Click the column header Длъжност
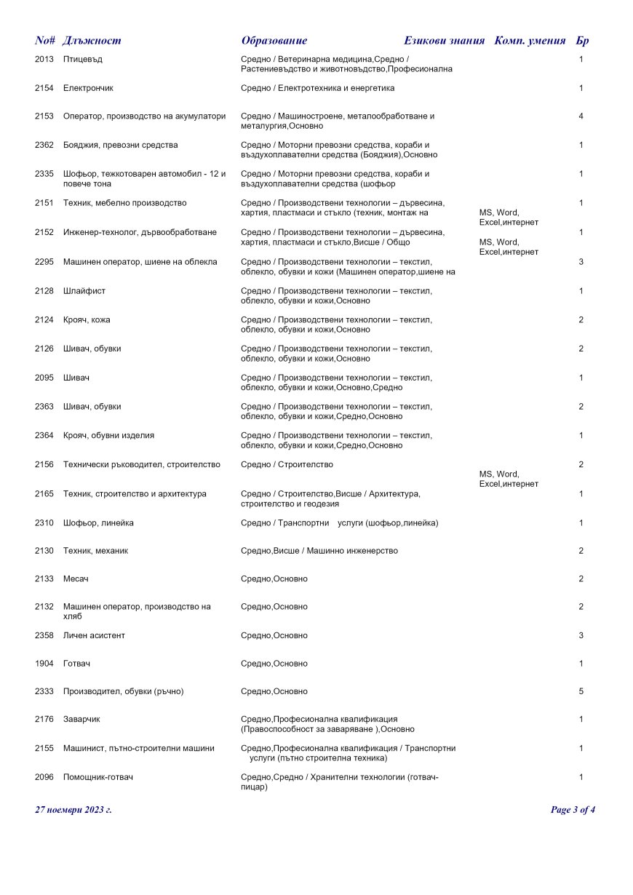click(92, 41)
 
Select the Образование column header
click(274, 41)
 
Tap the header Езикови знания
click(444, 41)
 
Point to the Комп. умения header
click(530, 41)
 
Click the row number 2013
click(44, 59)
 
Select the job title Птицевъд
click(82, 59)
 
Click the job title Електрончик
click(88, 88)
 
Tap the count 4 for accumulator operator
click(581, 116)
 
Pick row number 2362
click(44, 145)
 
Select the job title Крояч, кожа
click(87, 320)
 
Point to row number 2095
click(44, 378)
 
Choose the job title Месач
click(76, 579)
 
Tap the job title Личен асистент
click(94, 636)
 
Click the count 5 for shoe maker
click(581, 691)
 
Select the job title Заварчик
click(81, 720)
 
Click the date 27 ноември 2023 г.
click(73, 810)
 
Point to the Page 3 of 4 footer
click(573, 810)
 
